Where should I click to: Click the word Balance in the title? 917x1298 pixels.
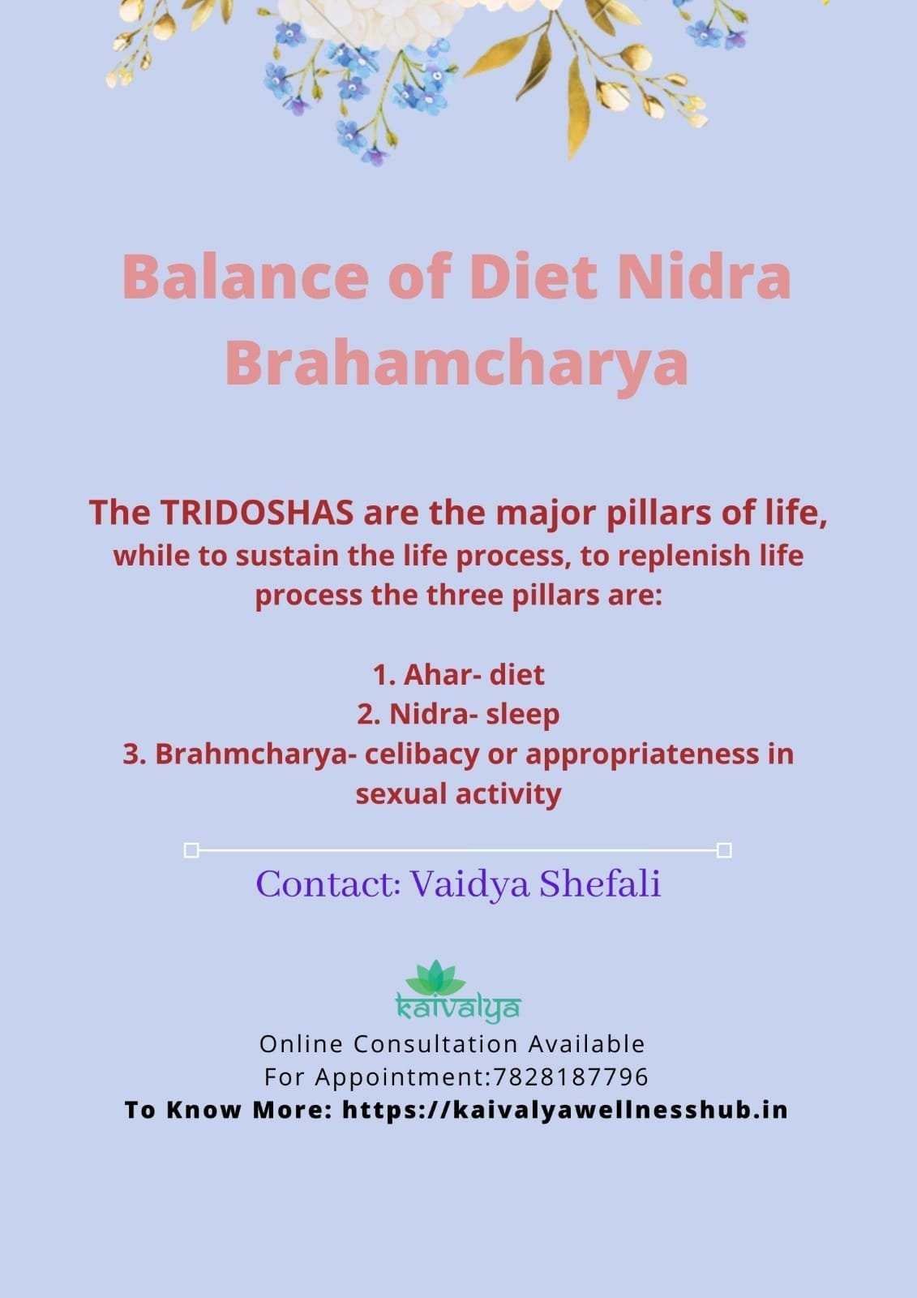pyautogui.click(x=246, y=277)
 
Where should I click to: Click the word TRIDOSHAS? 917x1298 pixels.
pyautogui.click(x=257, y=512)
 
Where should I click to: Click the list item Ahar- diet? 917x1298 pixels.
pyautogui.click(x=458, y=674)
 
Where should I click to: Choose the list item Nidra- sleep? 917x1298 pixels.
pyautogui.click(x=458, y=714)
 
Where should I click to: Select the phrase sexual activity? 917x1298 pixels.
pyautogui.click(x=458, y=794)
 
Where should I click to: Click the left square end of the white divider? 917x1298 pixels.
pyautogui.click(x=191, y=851)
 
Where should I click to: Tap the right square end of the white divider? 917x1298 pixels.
pyautogui.click(x=724, y=851)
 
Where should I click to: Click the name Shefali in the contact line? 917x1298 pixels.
pyautogui.click(x=600, y=884)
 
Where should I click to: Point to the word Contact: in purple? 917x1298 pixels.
pyautogui.click(x=328, y=884)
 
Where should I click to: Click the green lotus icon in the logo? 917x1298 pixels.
pyautogui.click(x=435, y=978)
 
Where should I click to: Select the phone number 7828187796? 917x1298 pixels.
pyautogui.click(x=571, y=1077)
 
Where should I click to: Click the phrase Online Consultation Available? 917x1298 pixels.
pyautogui.click(x=452, y=1044)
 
